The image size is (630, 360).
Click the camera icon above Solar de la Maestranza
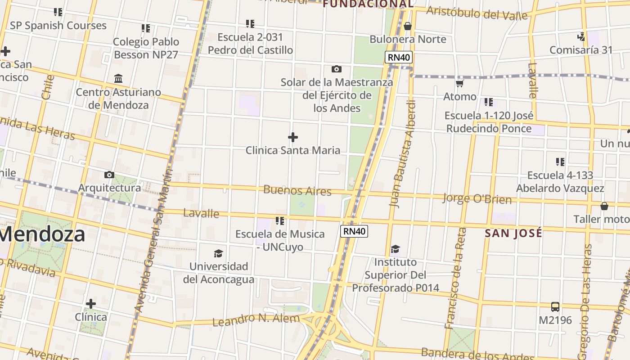click(x=336, y=69)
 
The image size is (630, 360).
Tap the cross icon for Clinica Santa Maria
click(x=293, y=137)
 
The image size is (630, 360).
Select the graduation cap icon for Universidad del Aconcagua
click(x=218, y=253)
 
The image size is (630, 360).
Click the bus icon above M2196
click(x=555, y=307)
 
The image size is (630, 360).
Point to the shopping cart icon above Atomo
click(x=459, y=83)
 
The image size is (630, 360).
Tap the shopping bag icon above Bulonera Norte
click(x=408, y=26)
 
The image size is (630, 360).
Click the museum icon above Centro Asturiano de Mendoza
click(x=118, y=79)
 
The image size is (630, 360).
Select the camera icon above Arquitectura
click(x=109, y=175)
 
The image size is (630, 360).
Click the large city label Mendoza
click(x=43, y=234)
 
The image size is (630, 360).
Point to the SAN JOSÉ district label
click(x=513, y=233)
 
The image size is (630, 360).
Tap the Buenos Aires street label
click(x=297, y=190)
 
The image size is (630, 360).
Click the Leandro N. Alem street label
click(x=256, y=319)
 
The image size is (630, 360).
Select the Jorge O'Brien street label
click(x=477, y=198)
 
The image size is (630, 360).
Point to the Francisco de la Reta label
click(x=455, y=279)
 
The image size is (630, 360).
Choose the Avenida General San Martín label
click(x=153, y=241)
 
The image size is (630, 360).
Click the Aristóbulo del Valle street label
click(x=477, y=13)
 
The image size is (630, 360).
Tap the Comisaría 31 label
click(x=581, y=49)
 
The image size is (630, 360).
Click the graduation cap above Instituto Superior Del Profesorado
click(x=395, y=249)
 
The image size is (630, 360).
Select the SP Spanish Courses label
click(x=58, y=25)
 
